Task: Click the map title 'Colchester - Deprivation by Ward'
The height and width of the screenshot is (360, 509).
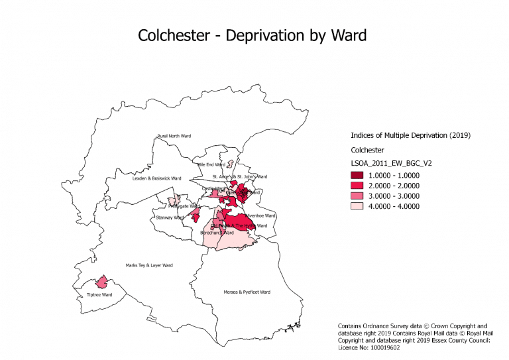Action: pyautogui.click(x=252, y=34)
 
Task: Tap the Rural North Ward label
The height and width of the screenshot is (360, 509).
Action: pyautogui.click(x=174, y=137)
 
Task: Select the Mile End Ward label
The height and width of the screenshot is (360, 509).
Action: pyautogui.click(x=211, y=164)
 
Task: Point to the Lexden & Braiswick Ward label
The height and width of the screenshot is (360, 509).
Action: pyautogui.click(x=156, y=178)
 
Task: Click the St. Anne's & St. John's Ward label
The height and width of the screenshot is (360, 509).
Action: pyautogui.click(x=240, y=177)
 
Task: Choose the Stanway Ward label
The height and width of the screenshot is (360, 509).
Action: pyautogui.click(x=170, y=217)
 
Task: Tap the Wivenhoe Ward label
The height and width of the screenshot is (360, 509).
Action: pyautogui.click(x=260, y=215)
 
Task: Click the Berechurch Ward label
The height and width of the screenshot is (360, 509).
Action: pyautogui.click(x=217, y=233)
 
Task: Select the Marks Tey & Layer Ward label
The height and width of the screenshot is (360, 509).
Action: pyautogui.click(x=149, y=265)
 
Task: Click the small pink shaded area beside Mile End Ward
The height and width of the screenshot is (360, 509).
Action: pyautogui.click(x=230, y=163)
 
